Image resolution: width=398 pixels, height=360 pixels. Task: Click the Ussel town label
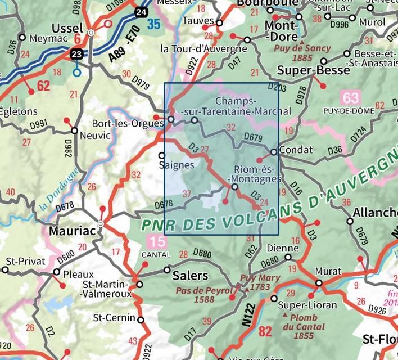67,28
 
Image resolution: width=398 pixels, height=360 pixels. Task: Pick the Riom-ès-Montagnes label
256,174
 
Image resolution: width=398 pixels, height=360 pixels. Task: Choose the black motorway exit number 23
76,55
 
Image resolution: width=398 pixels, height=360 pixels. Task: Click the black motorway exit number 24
141,11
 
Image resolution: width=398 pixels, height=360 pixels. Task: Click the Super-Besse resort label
306,70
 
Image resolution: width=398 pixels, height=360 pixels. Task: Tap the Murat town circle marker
319,283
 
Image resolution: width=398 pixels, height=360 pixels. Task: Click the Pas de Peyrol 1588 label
203,295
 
